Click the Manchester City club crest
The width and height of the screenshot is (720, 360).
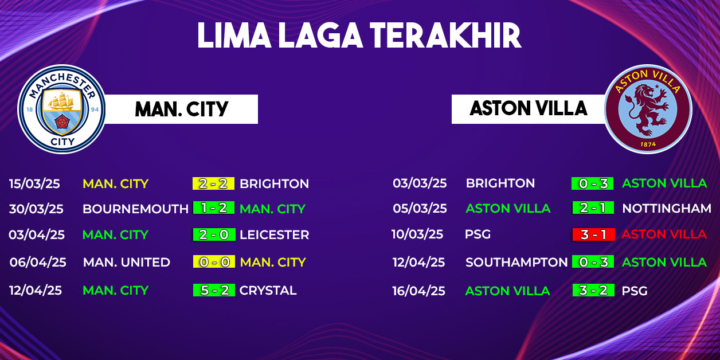tap(61, 109)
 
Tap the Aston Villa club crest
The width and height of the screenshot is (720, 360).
tap(648, 109)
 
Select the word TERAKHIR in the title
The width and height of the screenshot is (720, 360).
tap(445, 36)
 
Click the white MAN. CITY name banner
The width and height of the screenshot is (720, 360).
tap(181, 109)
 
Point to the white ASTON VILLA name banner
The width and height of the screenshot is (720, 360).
tap(529, 109)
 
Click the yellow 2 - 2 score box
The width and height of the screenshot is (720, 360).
tap(213, 183)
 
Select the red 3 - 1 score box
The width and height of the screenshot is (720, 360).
tap(594, 234)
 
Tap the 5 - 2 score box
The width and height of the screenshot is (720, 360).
tap(214, 290)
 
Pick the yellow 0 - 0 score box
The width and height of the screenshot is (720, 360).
tap(214, 262)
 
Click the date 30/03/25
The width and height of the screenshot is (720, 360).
tap(36, 209)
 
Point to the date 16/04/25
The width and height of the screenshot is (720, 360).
tap(419, 291)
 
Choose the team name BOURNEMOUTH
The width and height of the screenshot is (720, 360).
tap(136, 209)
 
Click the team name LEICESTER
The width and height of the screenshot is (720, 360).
tap(275, 234)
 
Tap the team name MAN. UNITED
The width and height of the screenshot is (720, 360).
tap(127, 263)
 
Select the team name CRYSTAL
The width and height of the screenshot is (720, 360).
tap(268, 291)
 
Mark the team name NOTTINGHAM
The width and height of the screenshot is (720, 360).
tap(667, 209)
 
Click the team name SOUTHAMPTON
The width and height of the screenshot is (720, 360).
tap(516, 263)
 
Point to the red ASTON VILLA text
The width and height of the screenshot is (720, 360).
tap(664, 234)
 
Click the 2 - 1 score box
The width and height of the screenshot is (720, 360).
tap(593, 208)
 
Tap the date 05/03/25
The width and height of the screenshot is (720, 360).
tap(420, 209)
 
